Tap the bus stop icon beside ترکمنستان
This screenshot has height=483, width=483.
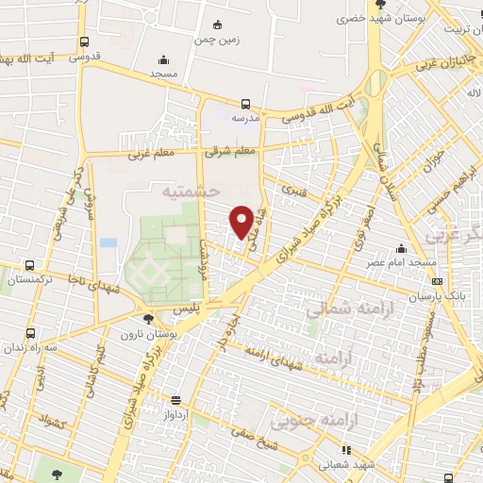tap(30, 266)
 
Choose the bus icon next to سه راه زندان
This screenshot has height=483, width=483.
tap(30, 333)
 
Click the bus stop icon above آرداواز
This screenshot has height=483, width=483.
tap(176, 399)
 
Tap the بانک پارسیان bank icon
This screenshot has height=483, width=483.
tap(436, 280)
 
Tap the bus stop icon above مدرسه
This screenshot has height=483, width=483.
tap(245, 104)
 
